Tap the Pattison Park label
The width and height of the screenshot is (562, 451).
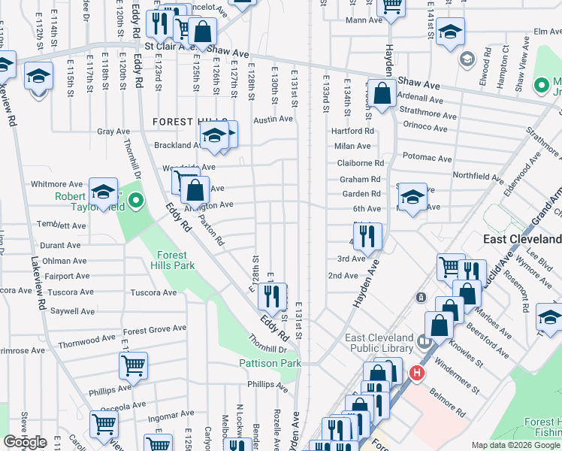coord(270,364)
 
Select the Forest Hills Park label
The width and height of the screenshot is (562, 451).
coord(173,260)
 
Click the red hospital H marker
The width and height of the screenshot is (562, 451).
coord(415,372)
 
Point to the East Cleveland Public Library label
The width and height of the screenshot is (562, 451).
coord(379,343)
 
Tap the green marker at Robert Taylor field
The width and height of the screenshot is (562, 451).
coord(135,201)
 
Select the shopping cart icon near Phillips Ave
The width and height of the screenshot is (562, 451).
coord(133,366)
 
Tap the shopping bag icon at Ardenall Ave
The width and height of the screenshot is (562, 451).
coord(382,94)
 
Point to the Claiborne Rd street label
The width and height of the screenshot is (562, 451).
coord(361,162)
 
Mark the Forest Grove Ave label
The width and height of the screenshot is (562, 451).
coord(155,331)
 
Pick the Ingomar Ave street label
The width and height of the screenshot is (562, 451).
coord(172,414)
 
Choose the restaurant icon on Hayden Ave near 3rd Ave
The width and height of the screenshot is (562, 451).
coord(367,236)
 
